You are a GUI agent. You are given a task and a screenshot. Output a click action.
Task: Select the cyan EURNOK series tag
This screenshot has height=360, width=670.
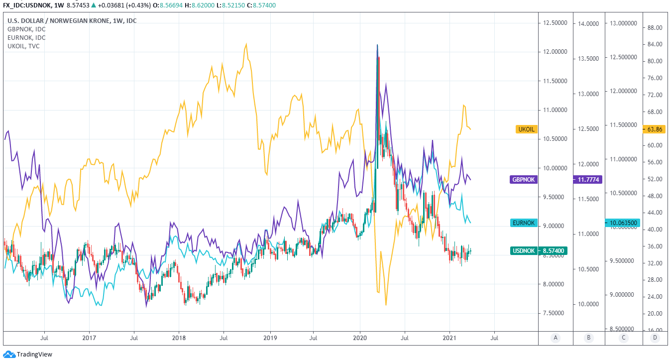(524, 223)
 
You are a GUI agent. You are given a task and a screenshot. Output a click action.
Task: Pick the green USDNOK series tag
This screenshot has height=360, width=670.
(524, 251)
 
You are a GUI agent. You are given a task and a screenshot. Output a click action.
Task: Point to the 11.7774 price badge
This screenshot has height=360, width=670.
(588, 179)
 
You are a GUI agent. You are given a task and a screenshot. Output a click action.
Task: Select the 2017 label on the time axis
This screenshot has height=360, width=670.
(89, 338)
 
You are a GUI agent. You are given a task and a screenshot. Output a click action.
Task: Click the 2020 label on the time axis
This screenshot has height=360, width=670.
(360, 338)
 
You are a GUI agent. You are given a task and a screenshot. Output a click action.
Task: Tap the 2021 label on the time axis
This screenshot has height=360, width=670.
(450, 338)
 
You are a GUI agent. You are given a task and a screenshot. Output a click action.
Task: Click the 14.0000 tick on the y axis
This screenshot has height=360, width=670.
(588, 23)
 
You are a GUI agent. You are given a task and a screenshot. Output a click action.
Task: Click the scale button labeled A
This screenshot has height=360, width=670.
(556, 338)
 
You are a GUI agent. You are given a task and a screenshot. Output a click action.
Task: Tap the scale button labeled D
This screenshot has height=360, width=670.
(654, 338)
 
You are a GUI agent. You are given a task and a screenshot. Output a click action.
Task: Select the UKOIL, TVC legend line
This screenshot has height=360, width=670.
(23, 46)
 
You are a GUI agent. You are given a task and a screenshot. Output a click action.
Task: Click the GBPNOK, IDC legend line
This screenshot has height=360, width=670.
(26, 29)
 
